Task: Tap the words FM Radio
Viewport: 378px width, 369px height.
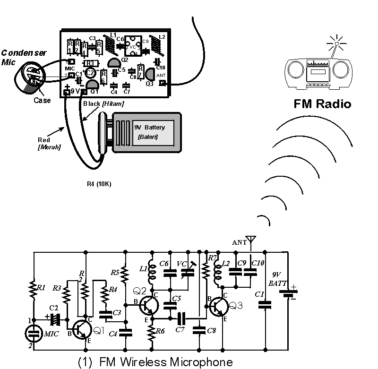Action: [322, 104]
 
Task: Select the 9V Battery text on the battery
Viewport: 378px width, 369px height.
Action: [150, 128]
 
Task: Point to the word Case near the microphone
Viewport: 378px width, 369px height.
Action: [42, 100]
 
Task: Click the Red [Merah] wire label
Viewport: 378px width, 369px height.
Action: [48, 143]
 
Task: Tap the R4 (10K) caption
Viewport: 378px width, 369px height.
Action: [100, 184]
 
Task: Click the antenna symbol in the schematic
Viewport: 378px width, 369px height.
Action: [250, 242]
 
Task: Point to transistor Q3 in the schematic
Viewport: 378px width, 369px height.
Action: [218, 306]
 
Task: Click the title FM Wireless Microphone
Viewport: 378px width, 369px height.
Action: [155, 362]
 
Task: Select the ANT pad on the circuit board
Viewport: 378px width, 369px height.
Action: [162, 84]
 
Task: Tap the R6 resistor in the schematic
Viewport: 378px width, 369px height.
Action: [151, 334]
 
